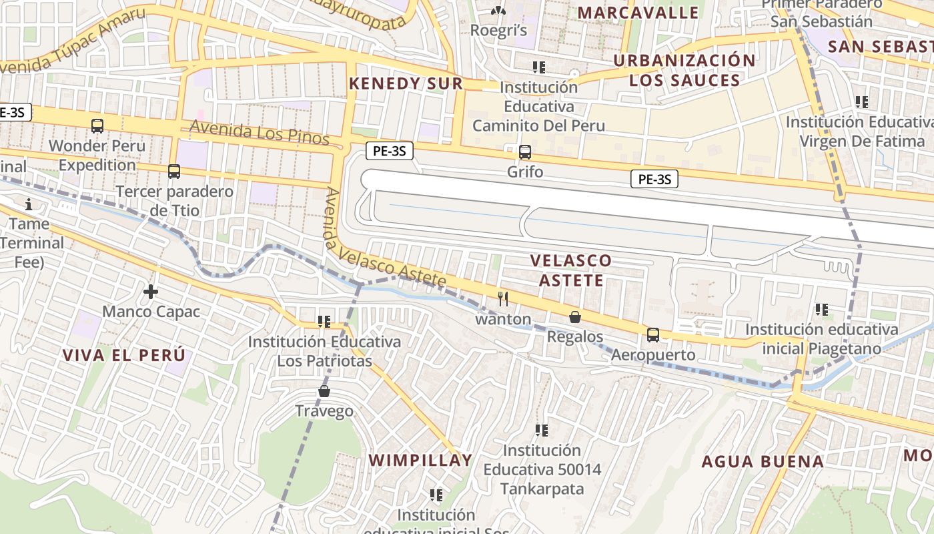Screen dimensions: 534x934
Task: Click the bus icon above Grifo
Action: point(525,152)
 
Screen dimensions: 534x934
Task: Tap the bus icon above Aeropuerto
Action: point(653,335)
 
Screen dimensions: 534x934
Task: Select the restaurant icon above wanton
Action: point(503,299)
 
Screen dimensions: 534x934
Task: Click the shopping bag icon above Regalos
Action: point(574,317)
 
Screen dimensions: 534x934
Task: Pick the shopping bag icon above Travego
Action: point(324,391)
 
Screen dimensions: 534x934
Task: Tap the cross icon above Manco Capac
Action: point(151,292)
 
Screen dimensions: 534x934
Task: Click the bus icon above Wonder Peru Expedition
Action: point(97,125)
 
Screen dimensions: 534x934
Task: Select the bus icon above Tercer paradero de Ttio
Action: point(174,172)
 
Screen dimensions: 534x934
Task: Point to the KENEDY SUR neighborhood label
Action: point(406,83)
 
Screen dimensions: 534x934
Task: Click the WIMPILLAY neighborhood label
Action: point(420,460)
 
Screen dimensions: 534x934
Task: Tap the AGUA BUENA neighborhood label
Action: point(763,461)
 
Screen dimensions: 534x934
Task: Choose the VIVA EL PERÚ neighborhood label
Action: point(123,355)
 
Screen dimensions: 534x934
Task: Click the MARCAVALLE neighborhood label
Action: point(638,13)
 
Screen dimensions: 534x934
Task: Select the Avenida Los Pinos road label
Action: point(260,131)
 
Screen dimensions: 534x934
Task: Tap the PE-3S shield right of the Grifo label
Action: point(654,179)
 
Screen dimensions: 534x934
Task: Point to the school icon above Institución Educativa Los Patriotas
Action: point(324,322)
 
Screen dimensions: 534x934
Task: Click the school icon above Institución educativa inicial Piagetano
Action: point(821,310)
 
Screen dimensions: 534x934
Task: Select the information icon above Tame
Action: point(29,204)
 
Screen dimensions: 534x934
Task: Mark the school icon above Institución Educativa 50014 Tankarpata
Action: point(541,431)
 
